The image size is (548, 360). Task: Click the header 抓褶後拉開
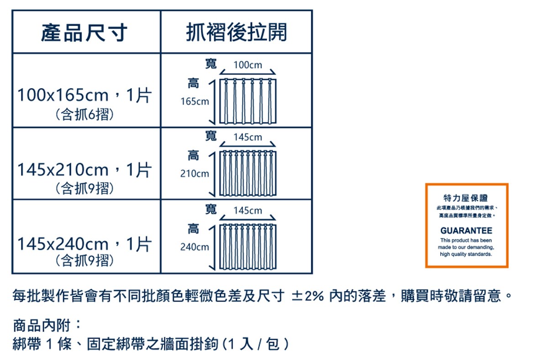[237, 32]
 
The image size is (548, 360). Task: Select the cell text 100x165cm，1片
[84, 95]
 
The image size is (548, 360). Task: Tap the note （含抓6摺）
[84, 114]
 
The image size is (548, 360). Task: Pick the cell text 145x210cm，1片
[84, 170]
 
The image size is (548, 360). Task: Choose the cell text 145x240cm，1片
[84, 244]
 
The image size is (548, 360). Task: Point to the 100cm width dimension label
[248, 65]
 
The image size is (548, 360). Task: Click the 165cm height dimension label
[195, 101]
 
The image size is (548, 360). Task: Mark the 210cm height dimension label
[195, 174]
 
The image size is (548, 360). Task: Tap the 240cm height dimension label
[195, 247]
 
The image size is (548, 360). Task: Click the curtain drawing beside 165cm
[248, 101]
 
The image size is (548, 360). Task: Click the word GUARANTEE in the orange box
[466, 231]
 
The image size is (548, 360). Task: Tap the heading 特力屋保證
[466, 198]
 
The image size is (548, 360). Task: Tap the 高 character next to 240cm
[194, 228]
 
